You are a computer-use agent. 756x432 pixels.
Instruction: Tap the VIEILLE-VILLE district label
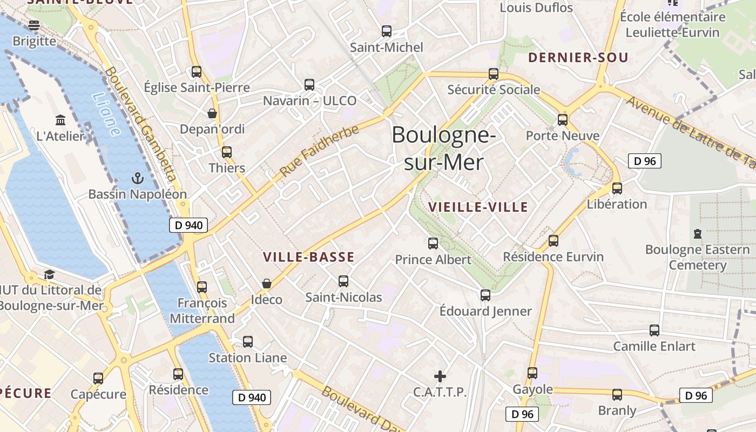tap(478, 207)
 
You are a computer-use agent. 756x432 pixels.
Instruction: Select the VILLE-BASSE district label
tap(309, 257)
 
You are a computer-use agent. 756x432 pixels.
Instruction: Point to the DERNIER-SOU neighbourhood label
tap(578, 58)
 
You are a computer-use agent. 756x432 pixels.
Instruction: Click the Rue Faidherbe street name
tap(320, 151)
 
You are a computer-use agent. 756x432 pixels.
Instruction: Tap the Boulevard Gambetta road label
tap(141, 124)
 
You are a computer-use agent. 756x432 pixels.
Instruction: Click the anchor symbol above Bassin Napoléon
tap(138, 178)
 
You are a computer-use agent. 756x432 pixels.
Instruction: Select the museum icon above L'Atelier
tap(60, 119)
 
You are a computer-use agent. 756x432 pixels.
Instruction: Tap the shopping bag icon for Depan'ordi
tap(212, 113)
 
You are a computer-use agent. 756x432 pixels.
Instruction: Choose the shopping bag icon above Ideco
tap(266, 283)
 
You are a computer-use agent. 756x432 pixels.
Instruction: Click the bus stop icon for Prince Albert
tap(433, 244)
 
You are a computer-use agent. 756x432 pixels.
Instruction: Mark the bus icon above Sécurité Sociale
tap(493, 74)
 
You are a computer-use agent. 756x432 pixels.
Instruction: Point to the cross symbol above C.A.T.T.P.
tap(440, 376)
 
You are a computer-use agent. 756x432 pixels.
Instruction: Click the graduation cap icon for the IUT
tap(49, 274)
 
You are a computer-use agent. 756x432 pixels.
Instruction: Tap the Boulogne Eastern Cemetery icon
tap(697, 234)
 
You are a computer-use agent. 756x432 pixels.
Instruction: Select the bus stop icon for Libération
tap(617, 188)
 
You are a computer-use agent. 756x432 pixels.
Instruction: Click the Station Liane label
tap(247, 358)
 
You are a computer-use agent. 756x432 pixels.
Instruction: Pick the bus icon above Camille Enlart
tap(654, 330)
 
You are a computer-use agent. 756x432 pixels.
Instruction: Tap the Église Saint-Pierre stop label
tap(197, 87)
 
